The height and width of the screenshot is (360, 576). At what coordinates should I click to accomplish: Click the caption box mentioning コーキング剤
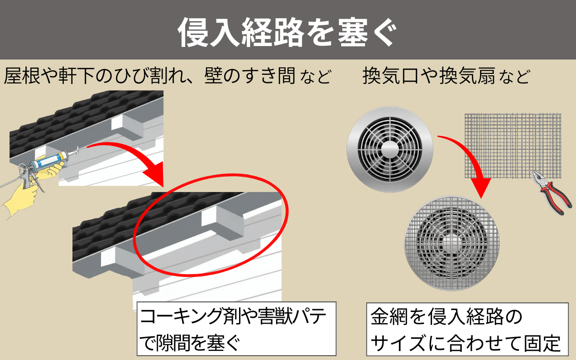click(236, 328)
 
